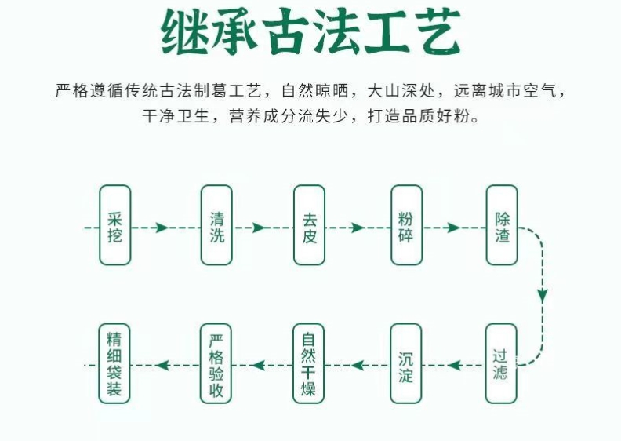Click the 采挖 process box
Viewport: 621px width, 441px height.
tap(114, 225)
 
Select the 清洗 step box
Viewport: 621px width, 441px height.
tap(216, 225)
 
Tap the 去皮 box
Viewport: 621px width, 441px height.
tap(310, 225)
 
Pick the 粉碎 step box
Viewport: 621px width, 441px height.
tap(406, 225)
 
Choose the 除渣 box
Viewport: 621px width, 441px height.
tap(502, 225)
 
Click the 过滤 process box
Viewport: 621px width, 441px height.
tap(501, 363)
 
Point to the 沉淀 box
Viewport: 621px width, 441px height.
tap(406, 363)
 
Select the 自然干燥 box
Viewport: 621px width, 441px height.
tap(310, 363)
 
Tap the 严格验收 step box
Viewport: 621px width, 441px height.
tap(216, 363)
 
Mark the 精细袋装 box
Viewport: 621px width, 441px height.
tap(114, 363)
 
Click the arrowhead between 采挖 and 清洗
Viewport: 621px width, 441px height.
tap(162, 228)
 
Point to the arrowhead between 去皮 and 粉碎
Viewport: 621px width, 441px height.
tap(358, 228)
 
